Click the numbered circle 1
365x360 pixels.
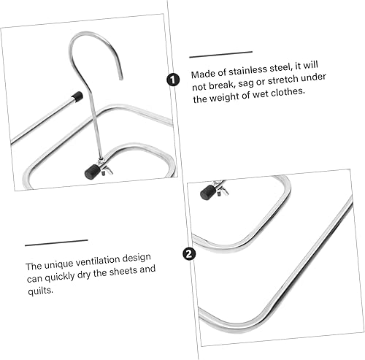[x=173, y=80]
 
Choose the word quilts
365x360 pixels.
[x=39, y=292]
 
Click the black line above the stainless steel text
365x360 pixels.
[x=220, y=53]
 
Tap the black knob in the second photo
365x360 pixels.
[x=207, y=192]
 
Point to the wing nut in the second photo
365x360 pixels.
[x=218, y=188]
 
